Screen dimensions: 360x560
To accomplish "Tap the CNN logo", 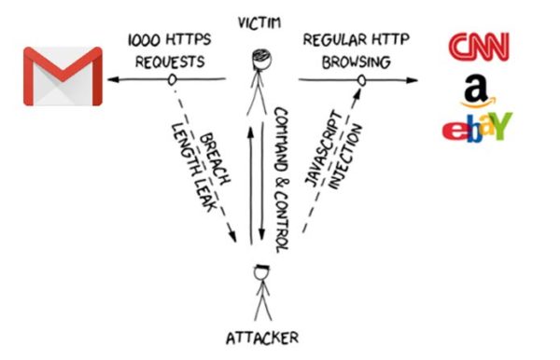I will (479, 46).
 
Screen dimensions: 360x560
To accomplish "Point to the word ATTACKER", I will (265, 337).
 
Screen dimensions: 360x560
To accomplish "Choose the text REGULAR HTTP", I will (356, 42).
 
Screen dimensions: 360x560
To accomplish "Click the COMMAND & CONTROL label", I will (282, 177).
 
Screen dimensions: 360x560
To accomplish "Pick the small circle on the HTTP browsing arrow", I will (357, 80).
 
